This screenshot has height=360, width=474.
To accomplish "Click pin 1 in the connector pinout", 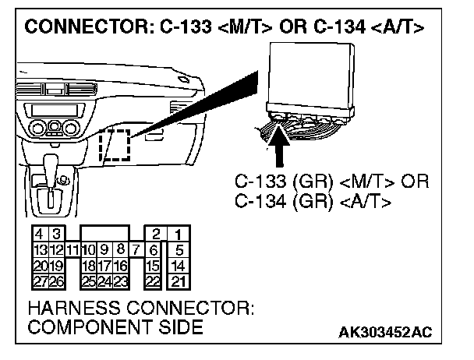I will tap(179, 234).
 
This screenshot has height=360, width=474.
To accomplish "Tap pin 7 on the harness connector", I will tap(135, 249).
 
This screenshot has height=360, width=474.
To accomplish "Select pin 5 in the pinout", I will tap(179, 249).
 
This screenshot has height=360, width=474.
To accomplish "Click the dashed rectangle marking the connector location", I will tap(115, 146).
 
